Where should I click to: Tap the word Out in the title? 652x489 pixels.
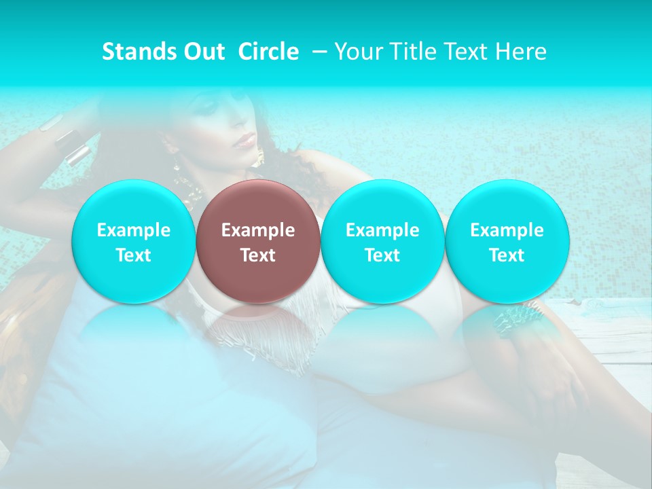[202, 52]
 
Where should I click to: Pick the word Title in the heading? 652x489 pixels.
[410, 52]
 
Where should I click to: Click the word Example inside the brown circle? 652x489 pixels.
[258, 230]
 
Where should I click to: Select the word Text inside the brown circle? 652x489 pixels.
[258, 255]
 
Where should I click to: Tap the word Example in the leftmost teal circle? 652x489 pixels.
[134, 230]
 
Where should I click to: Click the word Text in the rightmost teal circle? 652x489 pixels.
[507, 255]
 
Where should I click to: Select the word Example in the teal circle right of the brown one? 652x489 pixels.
[382, 230]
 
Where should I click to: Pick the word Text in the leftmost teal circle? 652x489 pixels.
[134, 255]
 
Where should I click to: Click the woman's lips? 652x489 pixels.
[245, 141]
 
